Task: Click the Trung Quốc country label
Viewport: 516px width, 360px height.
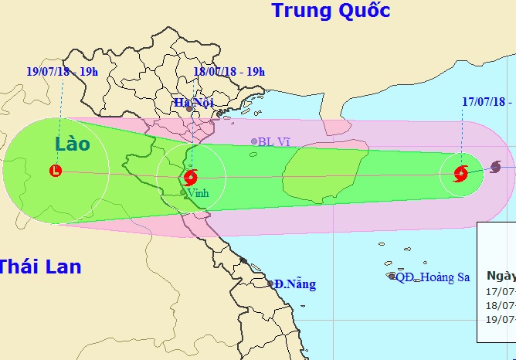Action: [330, 11]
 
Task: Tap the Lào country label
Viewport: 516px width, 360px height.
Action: [72, 144]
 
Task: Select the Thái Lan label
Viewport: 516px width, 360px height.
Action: [39, 267]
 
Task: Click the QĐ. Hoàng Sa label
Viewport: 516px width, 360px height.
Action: [433, 277]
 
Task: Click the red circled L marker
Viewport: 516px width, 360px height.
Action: [56, 171]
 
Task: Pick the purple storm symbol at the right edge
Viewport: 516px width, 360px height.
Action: [495, 167]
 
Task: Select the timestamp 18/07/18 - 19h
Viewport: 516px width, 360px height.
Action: [229, 72]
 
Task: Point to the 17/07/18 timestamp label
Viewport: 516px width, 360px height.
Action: [487, 101]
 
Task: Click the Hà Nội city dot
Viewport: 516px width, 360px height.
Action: [190, 109]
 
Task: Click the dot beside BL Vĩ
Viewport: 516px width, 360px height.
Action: [254, 141]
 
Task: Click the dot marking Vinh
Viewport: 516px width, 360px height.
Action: [184, 192]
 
